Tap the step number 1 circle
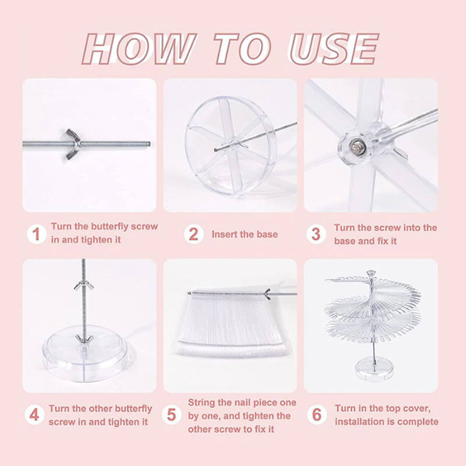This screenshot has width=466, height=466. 37,234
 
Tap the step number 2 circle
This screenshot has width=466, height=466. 193,234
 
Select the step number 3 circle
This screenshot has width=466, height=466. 316,234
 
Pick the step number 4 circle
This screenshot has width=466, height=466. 34,415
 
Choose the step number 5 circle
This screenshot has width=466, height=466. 171,415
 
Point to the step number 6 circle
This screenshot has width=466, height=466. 317,415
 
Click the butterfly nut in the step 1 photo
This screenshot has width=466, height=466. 73,144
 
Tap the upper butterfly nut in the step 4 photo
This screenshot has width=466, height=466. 84,285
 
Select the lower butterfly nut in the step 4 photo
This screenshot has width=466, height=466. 84,339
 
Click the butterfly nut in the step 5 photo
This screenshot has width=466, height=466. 267,294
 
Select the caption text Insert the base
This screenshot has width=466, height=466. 245,234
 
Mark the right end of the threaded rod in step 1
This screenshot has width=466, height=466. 149,144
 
